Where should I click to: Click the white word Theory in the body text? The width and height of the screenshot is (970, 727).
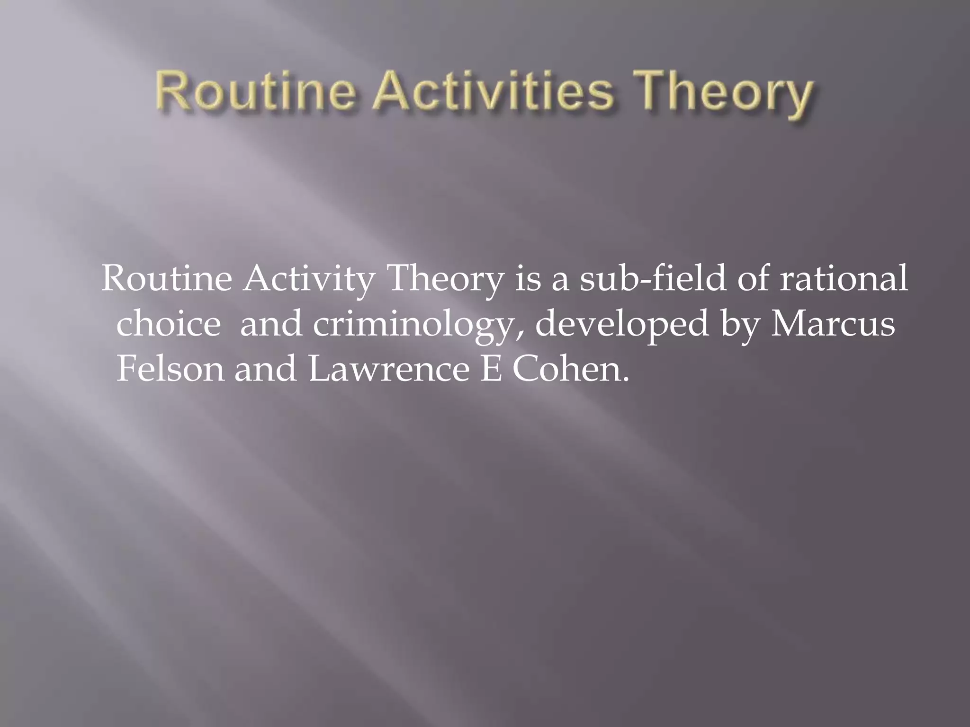pyautogui.click(x=445, y=281)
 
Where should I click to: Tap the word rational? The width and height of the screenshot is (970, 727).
pyautogui.click(x=844, y=279)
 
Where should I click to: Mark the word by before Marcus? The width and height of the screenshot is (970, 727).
pyautogui.click(x=741, y=327)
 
